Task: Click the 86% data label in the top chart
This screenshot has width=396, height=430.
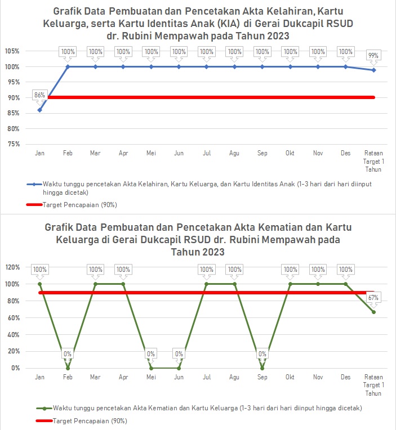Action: pyautogui.click(x=39, y=95)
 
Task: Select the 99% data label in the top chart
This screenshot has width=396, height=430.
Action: pyautogui.click(x=373, y=55)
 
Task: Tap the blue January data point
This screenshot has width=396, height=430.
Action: pyautogui.click(x=39, y=110)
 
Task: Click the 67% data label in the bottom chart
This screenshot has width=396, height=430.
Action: pyautogui.click(x=373, y=297)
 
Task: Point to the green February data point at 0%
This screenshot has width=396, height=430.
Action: pyautogui.click(x=68, y=368)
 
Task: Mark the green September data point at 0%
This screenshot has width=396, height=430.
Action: pyautogui.click(x=262, y=368)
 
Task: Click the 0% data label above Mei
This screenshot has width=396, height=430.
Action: pyautogui.click(x=151, y=354)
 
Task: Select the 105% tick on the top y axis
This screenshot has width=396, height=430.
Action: pyautogui.click(x=12, y=51)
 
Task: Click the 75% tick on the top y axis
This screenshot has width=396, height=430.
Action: pyautogui.click(x=14, y=144)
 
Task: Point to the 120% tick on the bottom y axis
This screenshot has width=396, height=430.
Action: pyautogui.click(x=12, y=267)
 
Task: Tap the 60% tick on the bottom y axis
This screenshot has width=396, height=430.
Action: pyautogui.click(x=14, y=318)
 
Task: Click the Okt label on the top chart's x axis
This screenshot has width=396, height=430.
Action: pyautogui.click(x=290, y=153)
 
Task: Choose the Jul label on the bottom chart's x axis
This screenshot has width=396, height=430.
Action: pyautogui.click(x=206, y=377)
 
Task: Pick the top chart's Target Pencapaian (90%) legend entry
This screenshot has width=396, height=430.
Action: pyautogui.click(x=79, y=204)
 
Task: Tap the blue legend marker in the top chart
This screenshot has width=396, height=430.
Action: pyautogui.click(x=34, y=184)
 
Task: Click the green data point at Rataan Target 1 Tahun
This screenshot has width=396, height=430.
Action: pyautogui.click(x=373, y=312)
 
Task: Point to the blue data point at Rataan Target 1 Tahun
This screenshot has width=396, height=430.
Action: pyautogui.click(x=373, y=70)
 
